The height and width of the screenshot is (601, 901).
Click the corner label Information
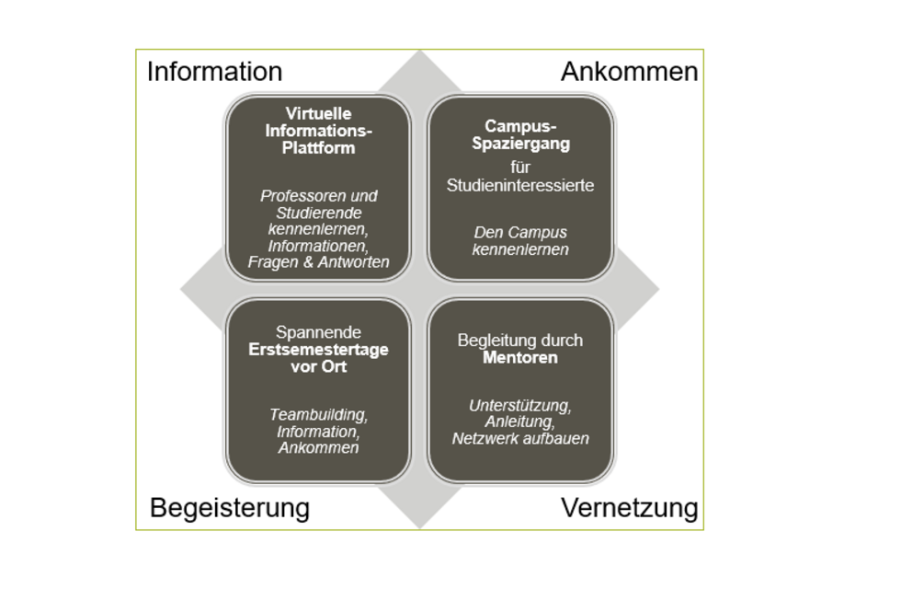pos(214,72)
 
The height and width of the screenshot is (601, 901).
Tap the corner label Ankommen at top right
pos(629,72)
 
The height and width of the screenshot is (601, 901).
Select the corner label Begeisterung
pos(229,507)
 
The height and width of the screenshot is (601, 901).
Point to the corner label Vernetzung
pos(629,507)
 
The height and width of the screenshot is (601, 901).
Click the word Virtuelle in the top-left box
pos(318,113)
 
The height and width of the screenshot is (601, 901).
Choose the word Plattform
pos(318,148)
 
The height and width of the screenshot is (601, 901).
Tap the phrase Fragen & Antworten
pos(318,262)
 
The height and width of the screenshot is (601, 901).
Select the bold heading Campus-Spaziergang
pos(520,134)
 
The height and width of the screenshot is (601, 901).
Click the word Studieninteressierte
pos(520,185)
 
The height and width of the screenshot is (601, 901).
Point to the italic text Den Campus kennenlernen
pos(520,241)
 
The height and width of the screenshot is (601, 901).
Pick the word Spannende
pos(318,332)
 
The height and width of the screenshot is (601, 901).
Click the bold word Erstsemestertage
pos(318,350)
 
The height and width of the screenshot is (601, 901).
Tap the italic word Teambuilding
pos(318,415)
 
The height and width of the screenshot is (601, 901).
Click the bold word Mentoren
pos(520,357)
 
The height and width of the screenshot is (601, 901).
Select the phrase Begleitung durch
pos(520,341)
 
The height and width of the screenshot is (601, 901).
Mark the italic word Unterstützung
pos(520,405)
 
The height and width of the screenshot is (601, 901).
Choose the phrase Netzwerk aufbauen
pos(520,439)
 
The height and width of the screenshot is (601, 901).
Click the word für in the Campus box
pos(520,167)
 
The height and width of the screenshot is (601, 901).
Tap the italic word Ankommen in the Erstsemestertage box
pos(318,448)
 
